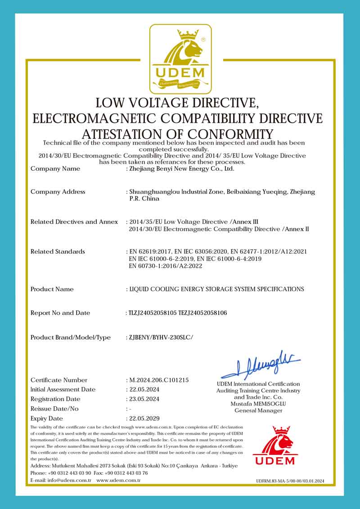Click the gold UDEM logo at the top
[180, 58]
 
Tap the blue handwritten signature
[261, 365]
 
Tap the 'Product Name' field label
[52, 289]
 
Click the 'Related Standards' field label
[58, 252]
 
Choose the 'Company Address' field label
[58, 192]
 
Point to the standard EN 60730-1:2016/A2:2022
[166, 266]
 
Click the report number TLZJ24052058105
[153, 313]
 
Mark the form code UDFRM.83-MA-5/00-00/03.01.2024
[290, 481]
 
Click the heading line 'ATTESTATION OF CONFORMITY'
[178, 134]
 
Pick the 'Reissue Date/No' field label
[54, 409]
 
